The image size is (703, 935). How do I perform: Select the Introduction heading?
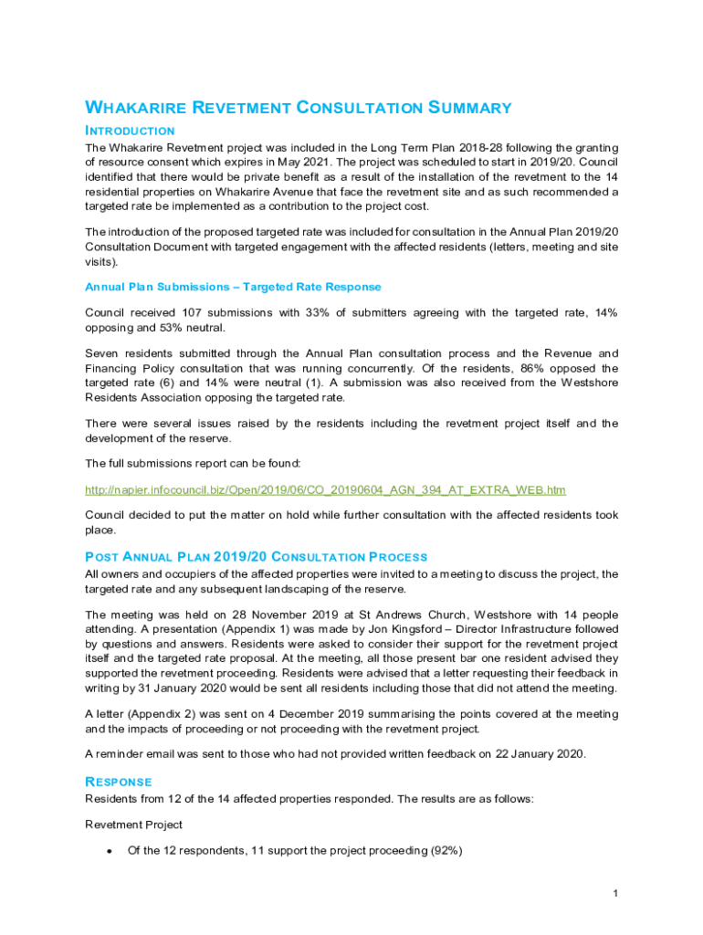tap(130, 131)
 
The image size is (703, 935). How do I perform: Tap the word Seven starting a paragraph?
tap(102, 353)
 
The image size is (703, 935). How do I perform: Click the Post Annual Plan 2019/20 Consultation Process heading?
tap(256, 557)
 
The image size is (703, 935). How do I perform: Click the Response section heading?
tap(119, 782)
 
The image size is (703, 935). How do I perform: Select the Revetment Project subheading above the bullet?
tap(133, 825)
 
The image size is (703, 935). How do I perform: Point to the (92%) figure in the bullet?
tap(444, 851)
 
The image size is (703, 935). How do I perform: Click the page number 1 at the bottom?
tap(616, 892)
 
